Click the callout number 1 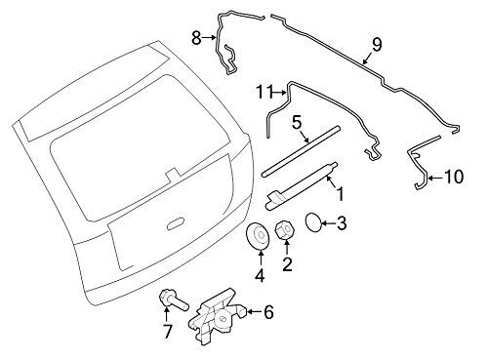(x=340, y=195)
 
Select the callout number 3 (x=341, y=225)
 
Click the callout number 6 (x=268, y=312)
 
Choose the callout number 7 (x=167, y=332)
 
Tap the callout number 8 (x=196, y=38)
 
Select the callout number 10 (x=451, y=177)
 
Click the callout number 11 (x=262, y=92)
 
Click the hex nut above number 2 (x=287, y=234)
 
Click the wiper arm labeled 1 (x=303, y=185)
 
